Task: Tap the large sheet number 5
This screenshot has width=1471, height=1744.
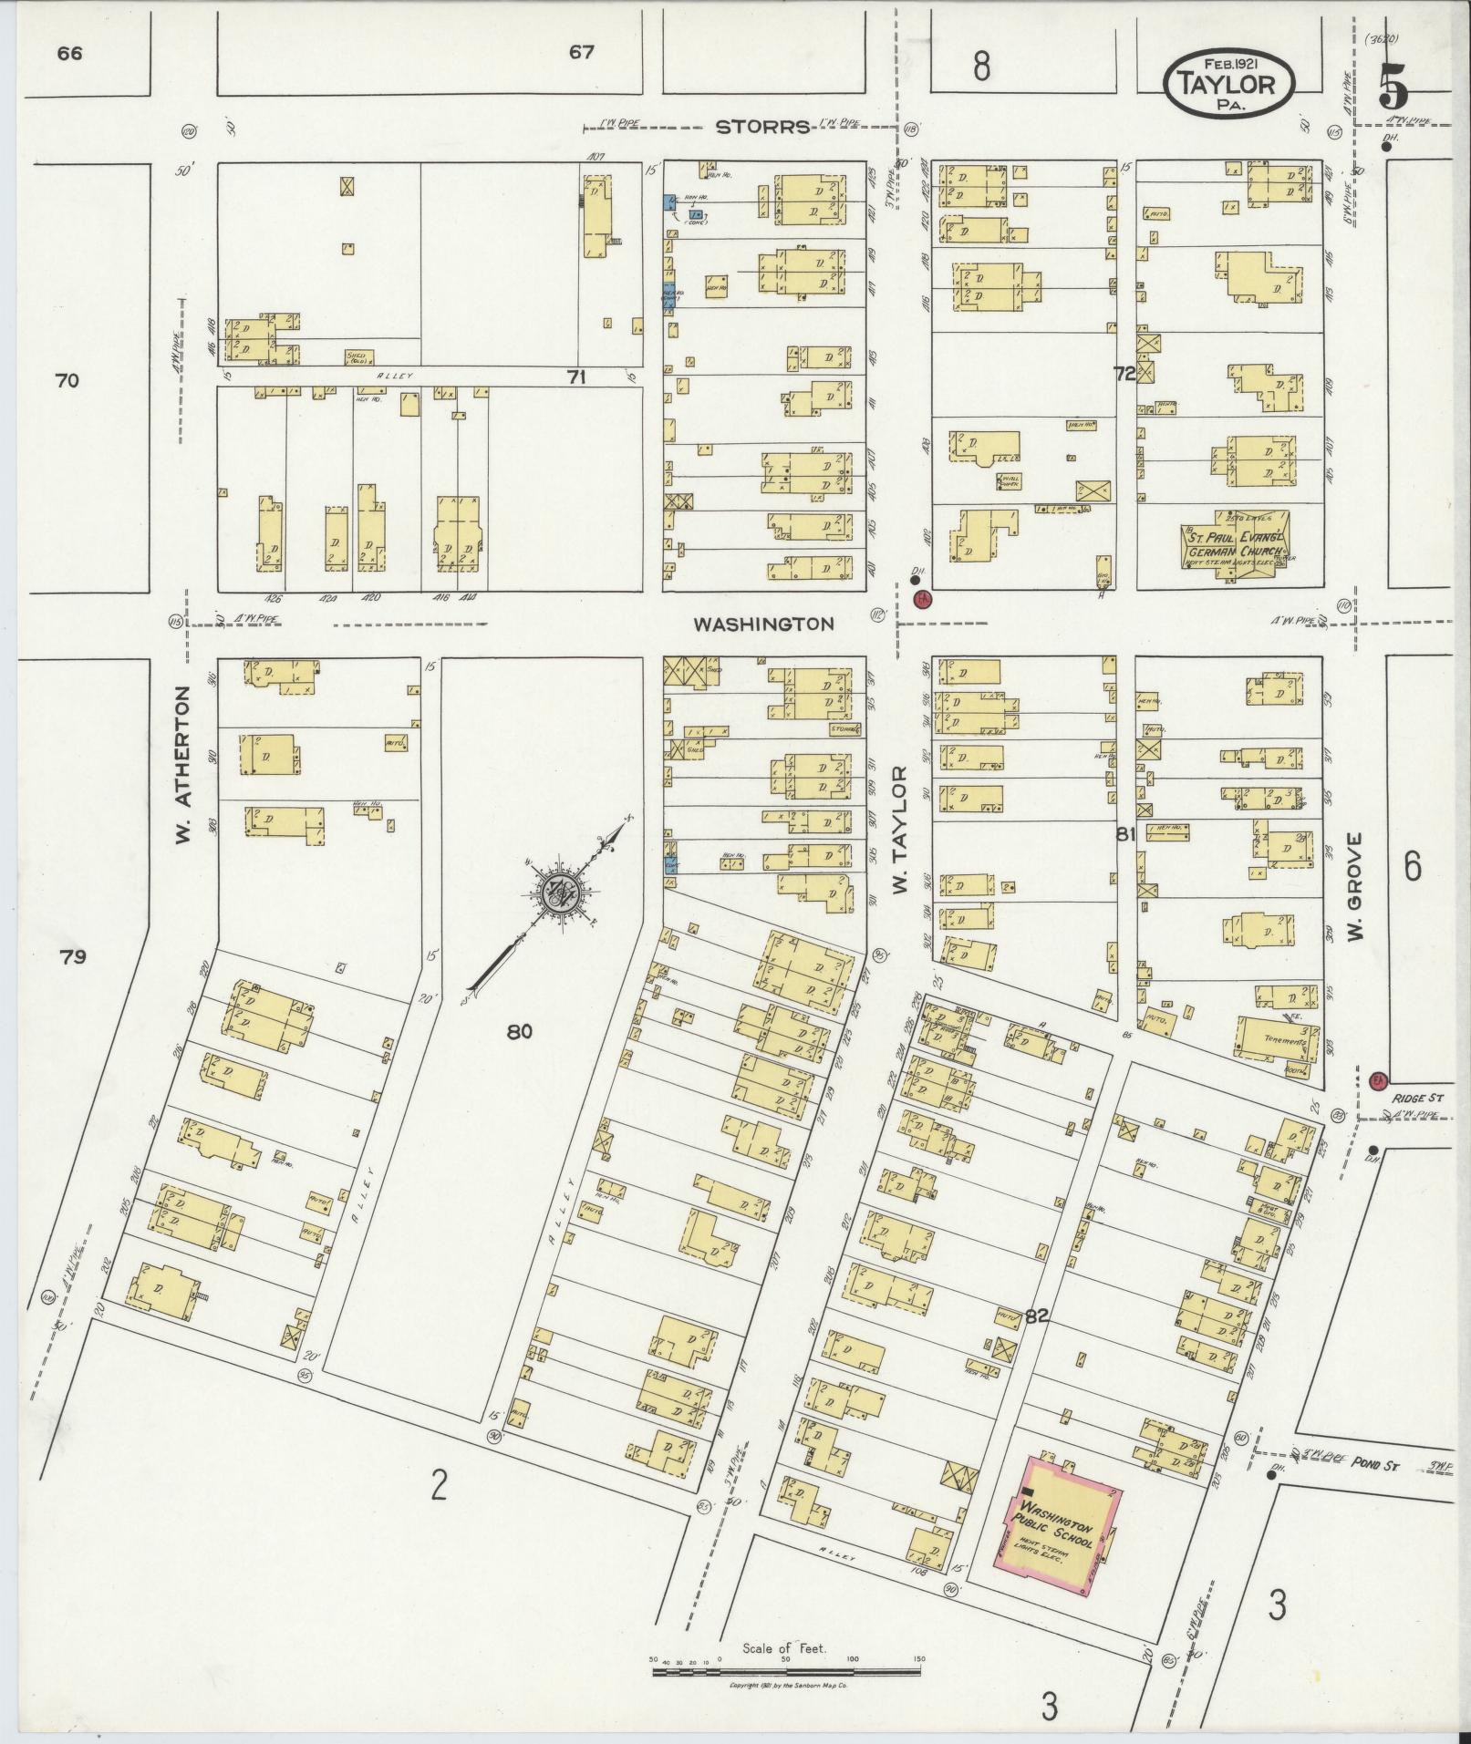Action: click(1393, 88)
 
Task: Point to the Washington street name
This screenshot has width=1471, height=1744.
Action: click(763, 624)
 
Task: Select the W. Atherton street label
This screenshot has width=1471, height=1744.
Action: click(185, 764)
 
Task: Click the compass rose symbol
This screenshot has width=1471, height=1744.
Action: click(555, 894)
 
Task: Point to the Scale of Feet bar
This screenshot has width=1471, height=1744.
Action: click(786, 1671)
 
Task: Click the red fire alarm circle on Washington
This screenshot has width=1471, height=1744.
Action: click(923, 599)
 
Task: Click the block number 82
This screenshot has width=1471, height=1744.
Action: click(1036, 1316)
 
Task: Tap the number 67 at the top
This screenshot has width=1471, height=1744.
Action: click(581, 52)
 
